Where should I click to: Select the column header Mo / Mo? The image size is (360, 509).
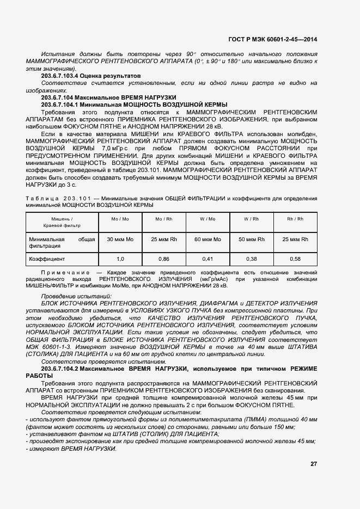pos(120,219)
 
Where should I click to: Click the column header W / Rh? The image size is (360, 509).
pos(251,219)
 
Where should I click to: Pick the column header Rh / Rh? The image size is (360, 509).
pos(295,219)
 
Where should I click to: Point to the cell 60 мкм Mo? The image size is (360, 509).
pos(208,239)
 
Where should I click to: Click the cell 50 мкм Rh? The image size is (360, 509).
pos(251,239)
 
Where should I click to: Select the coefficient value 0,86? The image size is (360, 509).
pos(163,259)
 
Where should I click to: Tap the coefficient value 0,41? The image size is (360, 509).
pos(208,259)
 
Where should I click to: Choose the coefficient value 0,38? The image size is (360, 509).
pos(251,259)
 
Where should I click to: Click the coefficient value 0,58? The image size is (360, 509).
pos(295,259)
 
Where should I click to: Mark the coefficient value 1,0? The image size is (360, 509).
pos(120,259)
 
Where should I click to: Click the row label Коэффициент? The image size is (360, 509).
pos(47,259)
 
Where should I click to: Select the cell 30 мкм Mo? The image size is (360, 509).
pos(120,239)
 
